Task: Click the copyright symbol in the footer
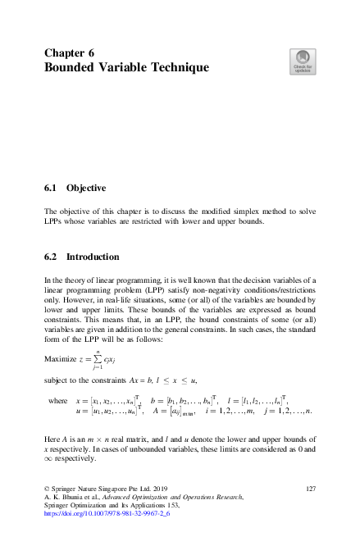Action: (47, 488)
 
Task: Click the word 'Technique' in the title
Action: (180, 67)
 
